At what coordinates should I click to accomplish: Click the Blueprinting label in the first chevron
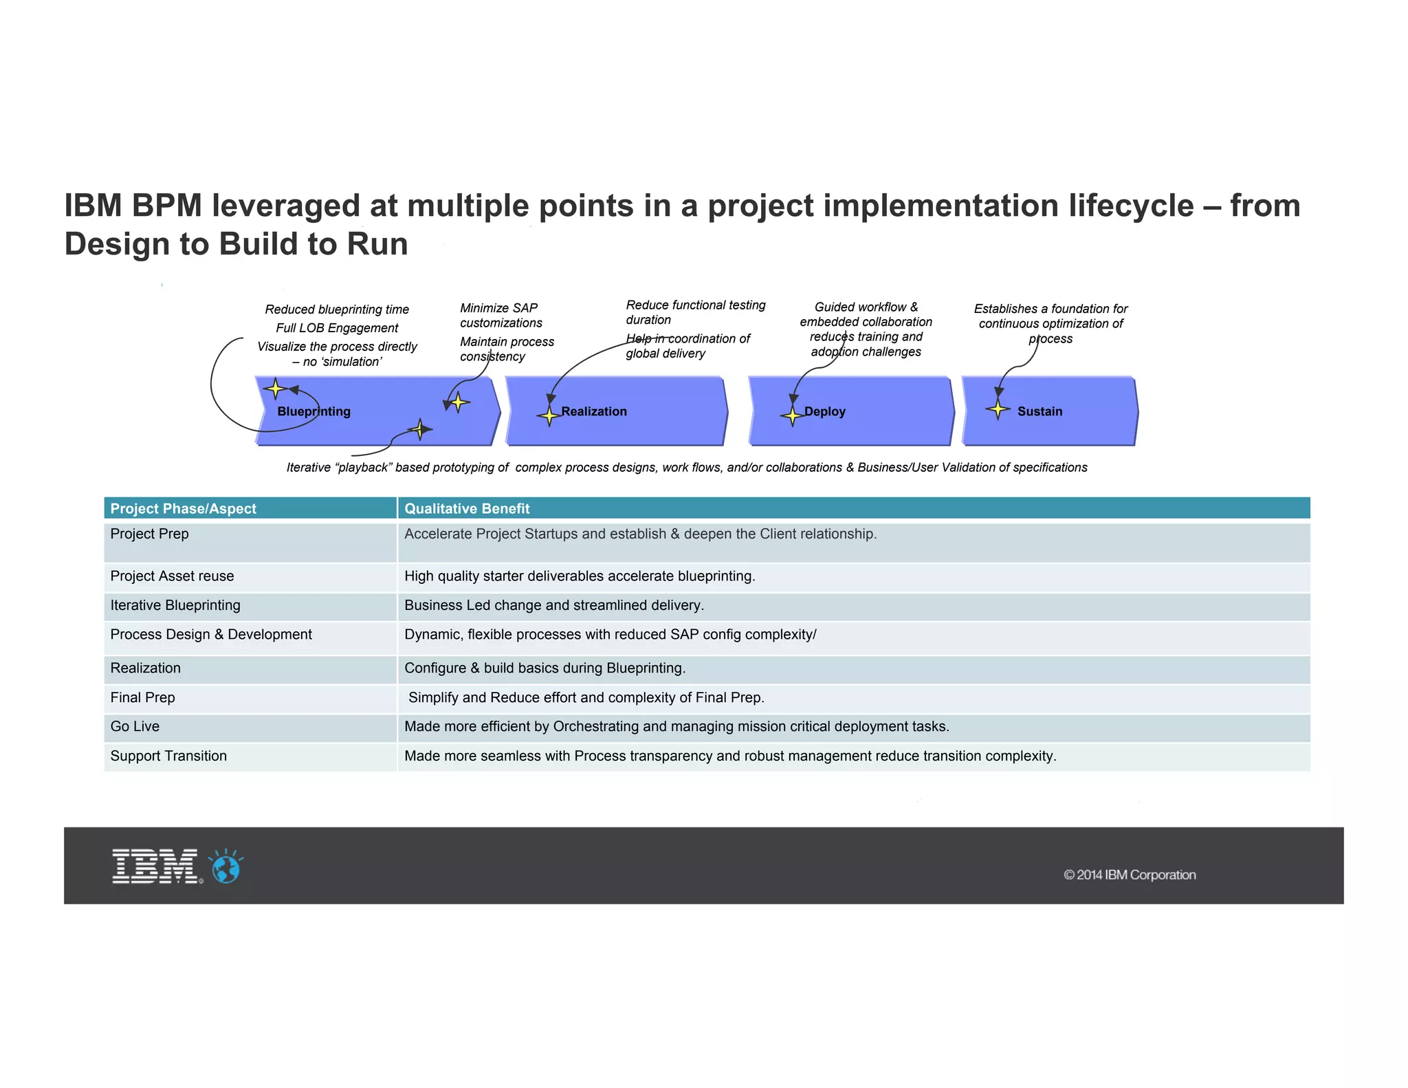[313, 411]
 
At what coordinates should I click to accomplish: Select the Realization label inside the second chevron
[594, 411]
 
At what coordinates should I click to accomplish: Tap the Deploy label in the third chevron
[824, 411]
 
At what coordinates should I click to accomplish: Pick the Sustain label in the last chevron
[1039, 411]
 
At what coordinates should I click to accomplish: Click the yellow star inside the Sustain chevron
[998, 409]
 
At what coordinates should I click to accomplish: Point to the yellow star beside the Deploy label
[792, 415]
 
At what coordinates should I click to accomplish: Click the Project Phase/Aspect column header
[183, 508]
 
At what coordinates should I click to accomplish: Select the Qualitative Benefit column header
[467, 508]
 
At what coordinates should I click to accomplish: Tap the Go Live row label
[135, 726]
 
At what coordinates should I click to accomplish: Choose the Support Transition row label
[168, 756]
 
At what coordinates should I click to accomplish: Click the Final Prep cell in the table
[142, 697]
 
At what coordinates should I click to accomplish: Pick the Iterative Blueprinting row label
[175, 605]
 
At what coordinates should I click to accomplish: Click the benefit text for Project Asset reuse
[580, 576]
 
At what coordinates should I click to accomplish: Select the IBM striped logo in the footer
[155, 866]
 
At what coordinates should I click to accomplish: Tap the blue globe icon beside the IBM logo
[226, 867]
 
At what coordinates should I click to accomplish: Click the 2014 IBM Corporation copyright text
[1130, 875]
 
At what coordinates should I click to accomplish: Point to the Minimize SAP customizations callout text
[500, 315]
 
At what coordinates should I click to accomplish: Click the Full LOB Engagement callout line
[337, 328]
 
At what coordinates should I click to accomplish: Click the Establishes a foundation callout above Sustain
[1050, 323]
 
